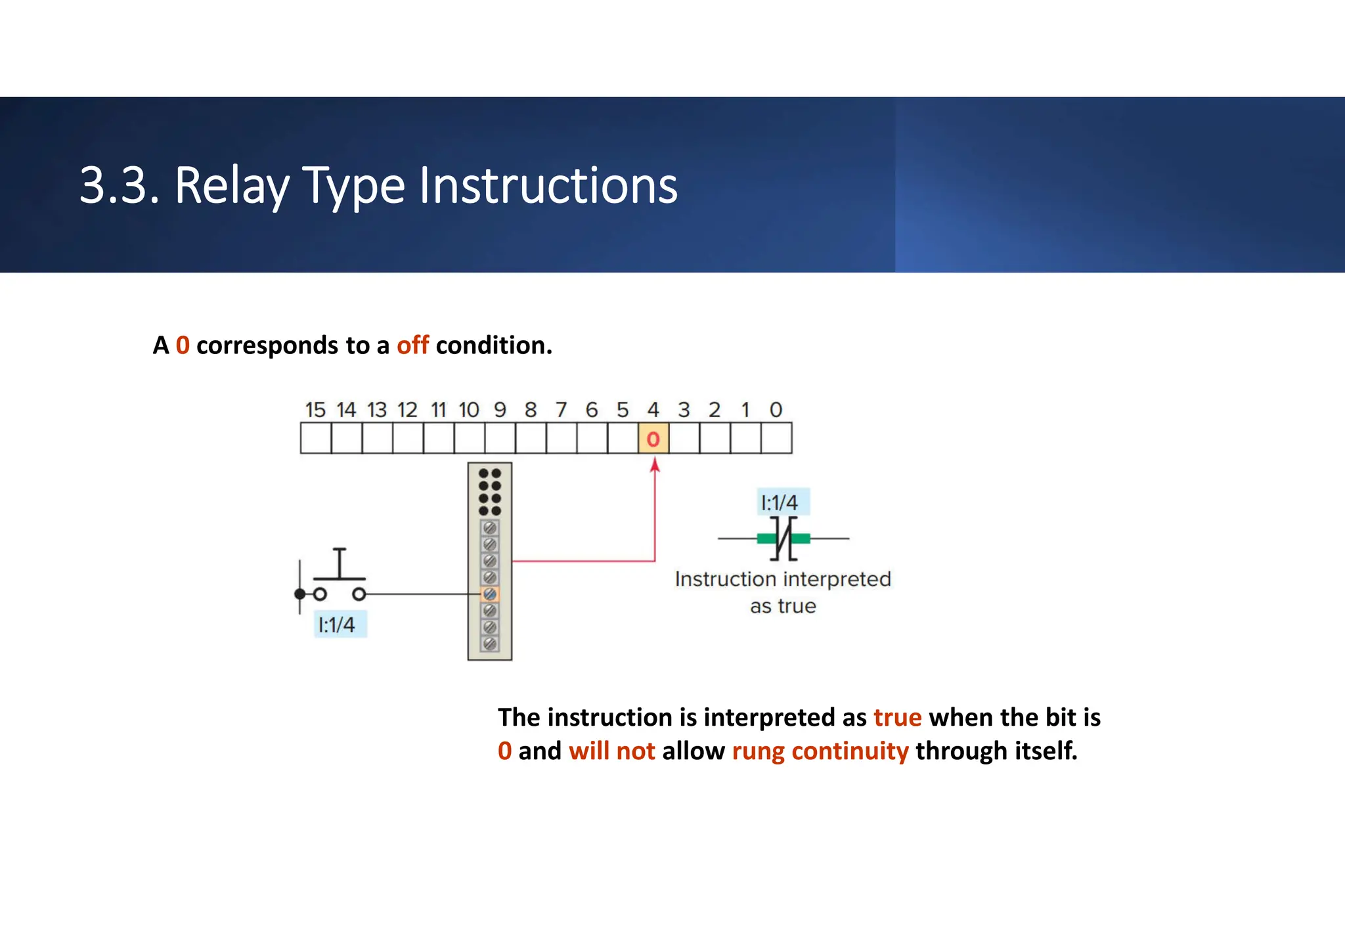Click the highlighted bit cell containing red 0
click(x=653, y=439)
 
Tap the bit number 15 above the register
click(x=315, y=410)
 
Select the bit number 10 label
click(x=469, y=410)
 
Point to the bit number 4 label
click(x=653, y=410)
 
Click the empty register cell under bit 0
click(x=776, y=439)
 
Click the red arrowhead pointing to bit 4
click(x=655, y=465)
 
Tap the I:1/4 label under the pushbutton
click(x=337, y=625)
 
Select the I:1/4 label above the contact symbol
click(x=780, y=503)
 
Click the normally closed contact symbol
click(x=783, y=539)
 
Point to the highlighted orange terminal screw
click(x=490, y=594)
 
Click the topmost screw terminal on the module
click(x=490, y=528)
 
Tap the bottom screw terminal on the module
click(x=490, y=644)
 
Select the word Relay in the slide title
click(x=232, y=187)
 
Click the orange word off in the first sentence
click(x=412, y=345)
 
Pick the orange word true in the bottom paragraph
click(x=897, y=717)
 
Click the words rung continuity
click(x=820, y=751)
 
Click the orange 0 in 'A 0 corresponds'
click(x=183, y=345)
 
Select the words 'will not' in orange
click(x=611, y=751)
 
